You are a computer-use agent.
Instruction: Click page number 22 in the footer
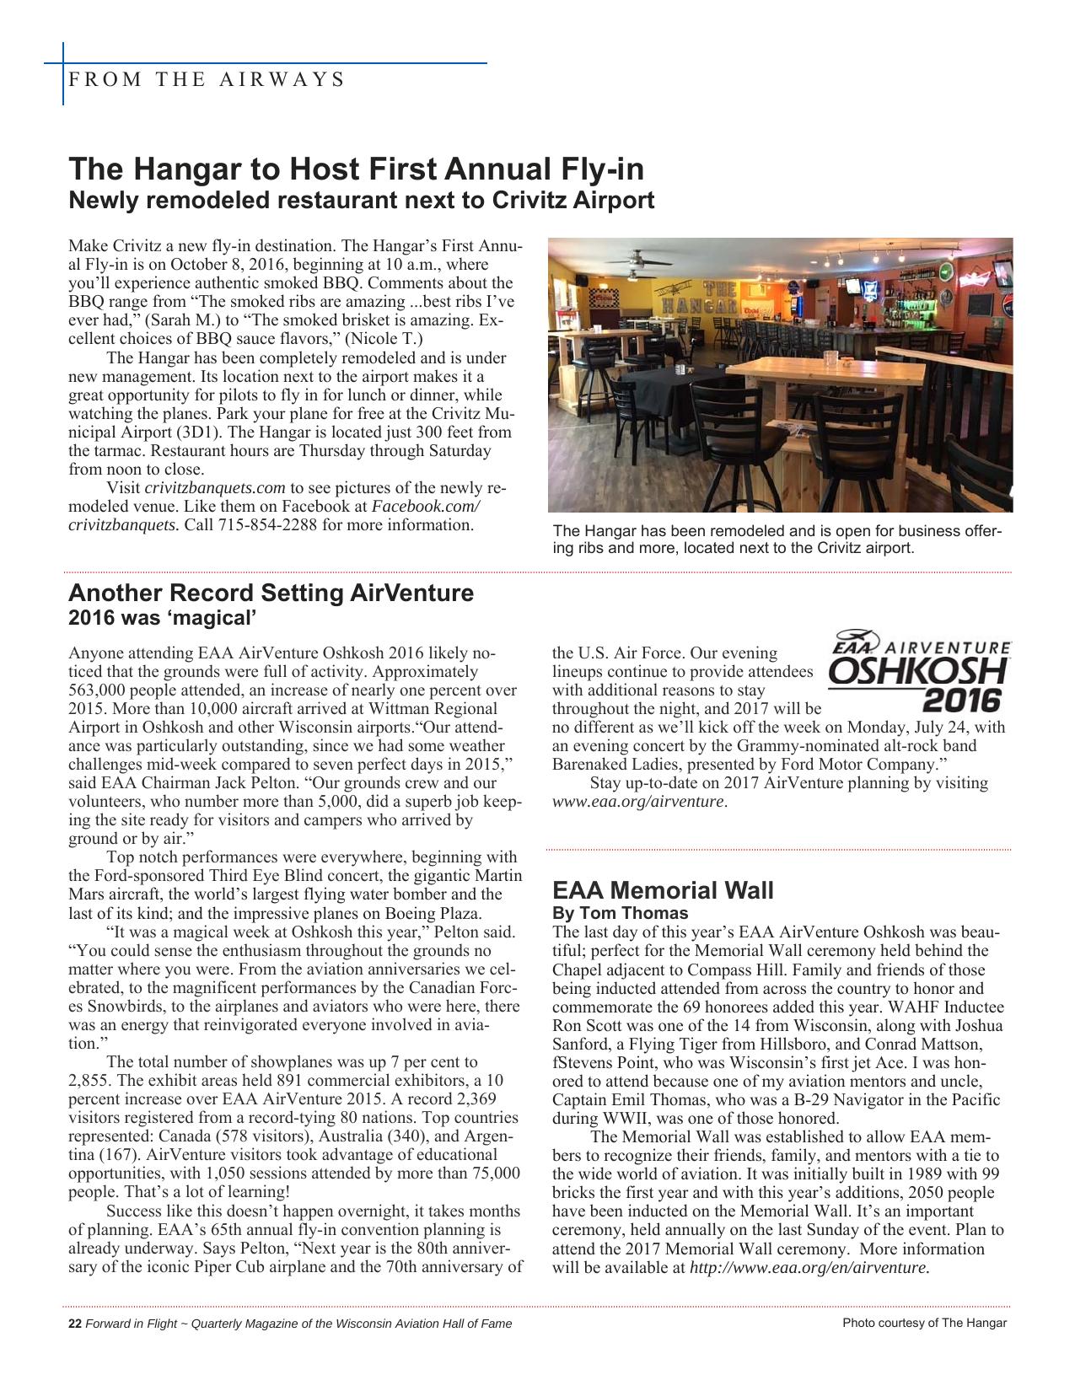(74, 1323)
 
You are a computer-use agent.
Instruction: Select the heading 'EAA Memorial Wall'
(663, 890)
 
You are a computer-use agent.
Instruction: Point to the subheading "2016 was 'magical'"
(161, 618)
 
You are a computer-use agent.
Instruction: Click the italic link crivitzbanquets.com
(215, 488)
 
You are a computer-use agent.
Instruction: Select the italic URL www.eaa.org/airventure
(638, 801)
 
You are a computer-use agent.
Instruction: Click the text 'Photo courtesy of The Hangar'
(924, 1323)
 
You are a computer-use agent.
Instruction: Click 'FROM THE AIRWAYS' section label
(206, 80)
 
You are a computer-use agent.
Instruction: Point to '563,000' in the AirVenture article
(98, 690)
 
